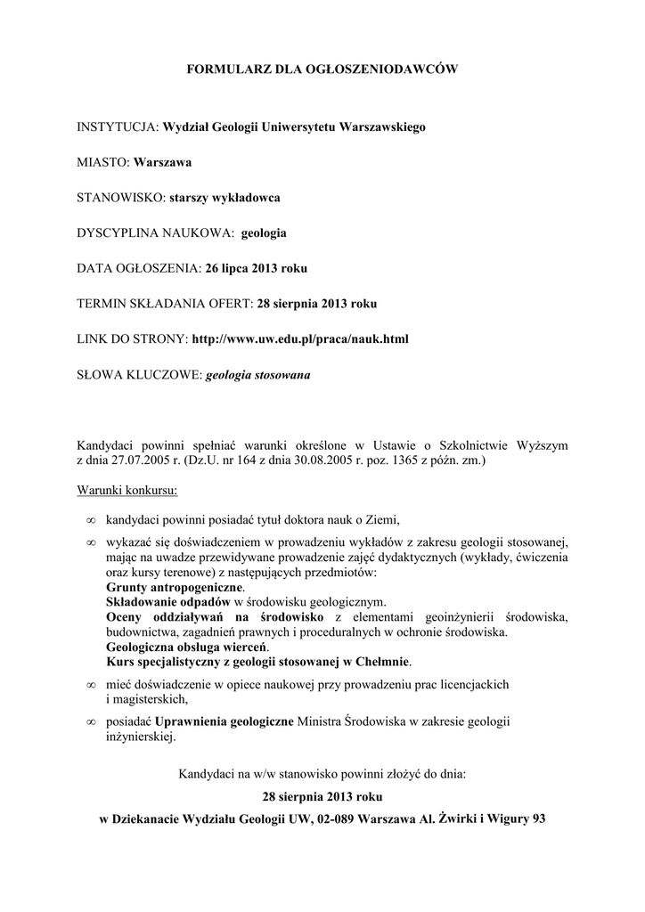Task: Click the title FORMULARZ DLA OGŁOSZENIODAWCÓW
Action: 322,69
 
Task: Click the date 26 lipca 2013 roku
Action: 257,268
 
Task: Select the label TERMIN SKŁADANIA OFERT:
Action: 166,304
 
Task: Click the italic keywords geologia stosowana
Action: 258,375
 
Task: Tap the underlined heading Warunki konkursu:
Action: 127,490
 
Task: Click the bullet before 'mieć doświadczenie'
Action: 90,685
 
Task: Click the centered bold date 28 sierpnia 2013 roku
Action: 322,796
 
